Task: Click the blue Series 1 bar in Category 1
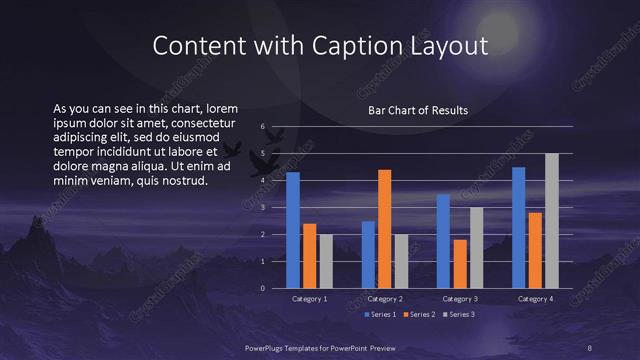pos(293,231)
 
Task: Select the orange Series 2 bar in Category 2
pos(384,229)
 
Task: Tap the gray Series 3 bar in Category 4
pos(552,221)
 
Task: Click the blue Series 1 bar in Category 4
pos(519,228)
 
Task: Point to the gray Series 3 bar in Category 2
pos(400,261)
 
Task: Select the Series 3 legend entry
pos(458,314)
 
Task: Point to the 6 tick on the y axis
pos(262,127)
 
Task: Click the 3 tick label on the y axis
pos(262,208)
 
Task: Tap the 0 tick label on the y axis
pos(262,288)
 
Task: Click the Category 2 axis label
pos(385,299)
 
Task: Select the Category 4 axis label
pos(535,299)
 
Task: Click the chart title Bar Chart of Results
pos(418,110)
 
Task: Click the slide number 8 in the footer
pos(590,347)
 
